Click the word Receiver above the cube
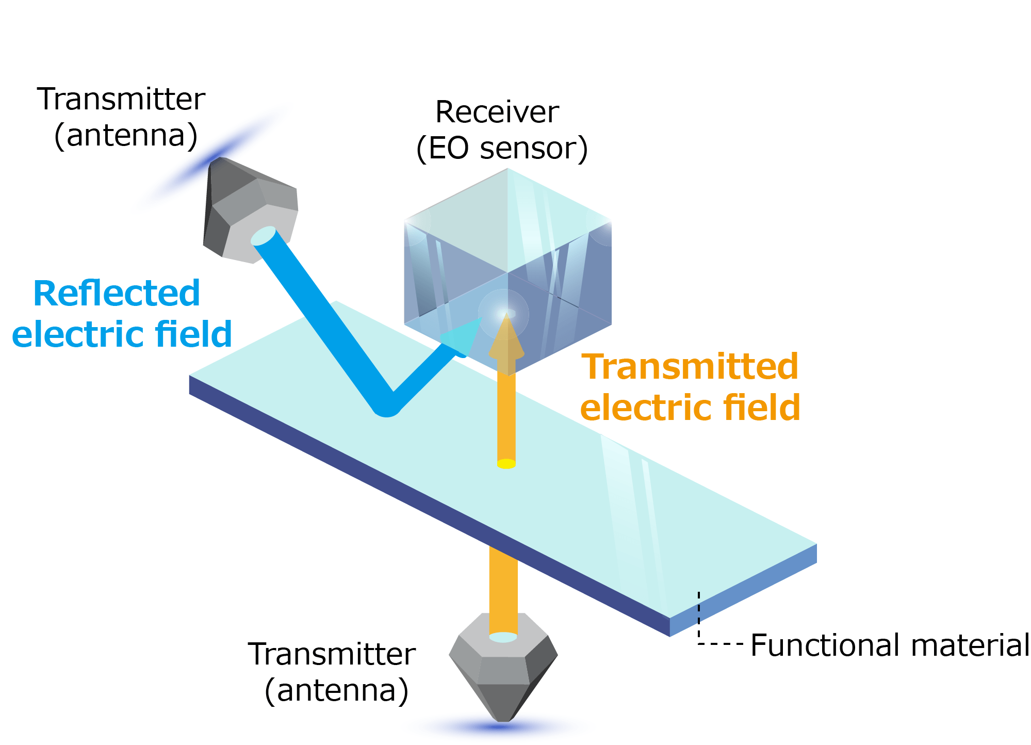(497, 112)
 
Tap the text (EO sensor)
(502, 149)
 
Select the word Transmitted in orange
(690, 367)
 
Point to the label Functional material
(889, 645)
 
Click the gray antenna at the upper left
(248, 206)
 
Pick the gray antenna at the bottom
(503, 671)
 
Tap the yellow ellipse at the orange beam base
(506, 464)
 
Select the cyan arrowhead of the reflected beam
(462, 338)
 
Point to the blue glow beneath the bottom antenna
(500, 727)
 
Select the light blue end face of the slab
(743, 591)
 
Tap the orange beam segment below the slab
(503, 588)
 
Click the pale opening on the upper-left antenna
(264, 236)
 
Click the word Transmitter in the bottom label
(332, 654)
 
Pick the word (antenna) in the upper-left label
(126, 136)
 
